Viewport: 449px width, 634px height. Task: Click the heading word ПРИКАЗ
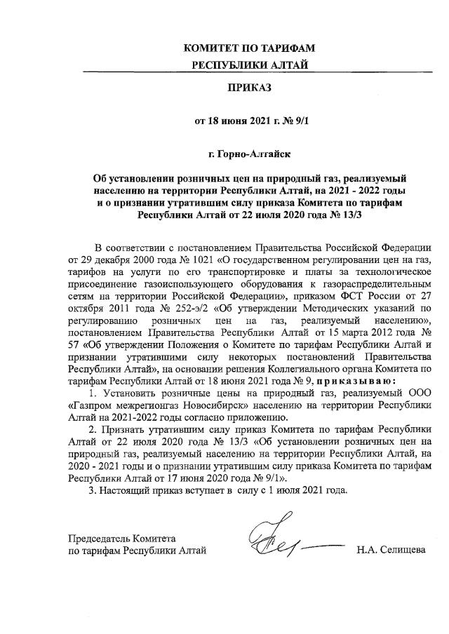click(246, 88)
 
